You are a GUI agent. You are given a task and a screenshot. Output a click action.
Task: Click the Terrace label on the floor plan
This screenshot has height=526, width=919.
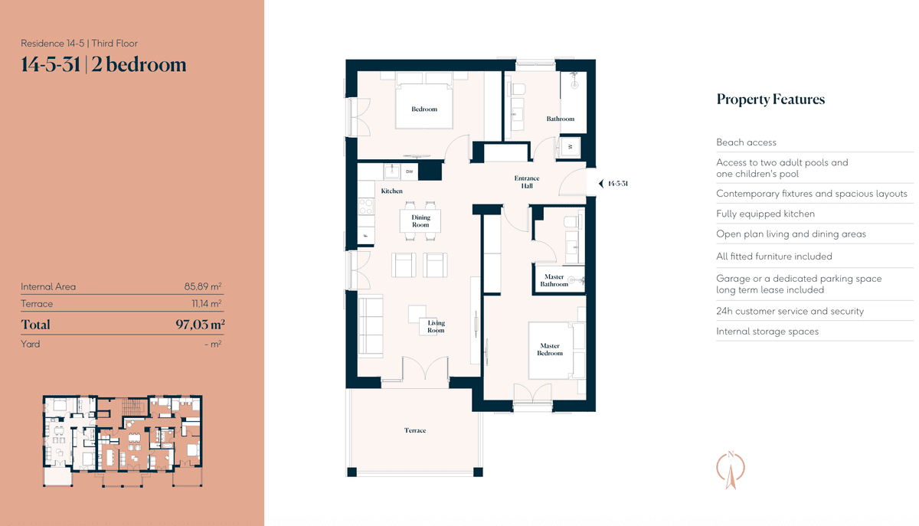coord(415,430)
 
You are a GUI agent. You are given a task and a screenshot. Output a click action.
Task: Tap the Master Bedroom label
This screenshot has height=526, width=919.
coord(550,350)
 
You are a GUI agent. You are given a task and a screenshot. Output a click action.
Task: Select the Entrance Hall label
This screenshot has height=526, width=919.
coord(527,181)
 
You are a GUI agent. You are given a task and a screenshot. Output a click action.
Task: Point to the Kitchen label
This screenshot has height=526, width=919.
coord(391,191)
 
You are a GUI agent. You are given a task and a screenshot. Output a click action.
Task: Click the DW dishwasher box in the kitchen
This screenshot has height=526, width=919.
coord(410,172)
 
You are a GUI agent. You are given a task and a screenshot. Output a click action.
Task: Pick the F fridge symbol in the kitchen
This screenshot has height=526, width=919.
coord(366,236)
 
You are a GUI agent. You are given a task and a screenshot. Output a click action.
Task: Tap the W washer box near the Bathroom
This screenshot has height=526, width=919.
coord(571,146)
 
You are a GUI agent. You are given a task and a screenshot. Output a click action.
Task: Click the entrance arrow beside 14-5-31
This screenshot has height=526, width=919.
coord(601,184)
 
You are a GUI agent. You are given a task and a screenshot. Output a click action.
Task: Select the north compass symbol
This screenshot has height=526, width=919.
coord(731,470)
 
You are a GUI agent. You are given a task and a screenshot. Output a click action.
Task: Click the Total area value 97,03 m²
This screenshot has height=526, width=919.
coord(200,324)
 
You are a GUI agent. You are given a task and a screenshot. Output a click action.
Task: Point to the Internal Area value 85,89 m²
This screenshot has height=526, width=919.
coord(203,286)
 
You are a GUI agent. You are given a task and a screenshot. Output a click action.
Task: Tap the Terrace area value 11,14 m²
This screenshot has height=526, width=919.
coord(206,303)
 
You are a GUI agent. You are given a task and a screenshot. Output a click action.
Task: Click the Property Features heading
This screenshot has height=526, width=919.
coord(770,100)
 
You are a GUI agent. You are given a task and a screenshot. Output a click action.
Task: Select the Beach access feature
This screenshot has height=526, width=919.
coord(746,142)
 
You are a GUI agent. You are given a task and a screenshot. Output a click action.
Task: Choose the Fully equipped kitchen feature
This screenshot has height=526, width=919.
coord(766,214)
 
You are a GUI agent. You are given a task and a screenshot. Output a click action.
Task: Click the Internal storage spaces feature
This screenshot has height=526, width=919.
coord(767,332)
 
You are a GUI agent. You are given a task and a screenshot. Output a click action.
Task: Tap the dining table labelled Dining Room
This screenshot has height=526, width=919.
coord(420,221)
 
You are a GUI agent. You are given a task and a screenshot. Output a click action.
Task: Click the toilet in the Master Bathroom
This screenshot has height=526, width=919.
coord(572,221)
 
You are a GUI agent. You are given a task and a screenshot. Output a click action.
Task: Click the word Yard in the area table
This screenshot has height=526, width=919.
coord(31,344)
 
